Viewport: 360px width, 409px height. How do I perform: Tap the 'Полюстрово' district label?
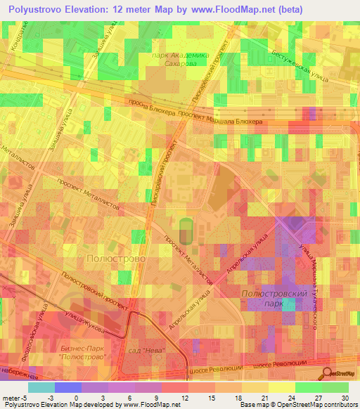(x=115, y=259)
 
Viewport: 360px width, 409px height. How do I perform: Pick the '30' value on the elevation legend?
(x=345, y=397)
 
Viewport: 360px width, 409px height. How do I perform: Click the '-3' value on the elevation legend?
(x=53, y=397)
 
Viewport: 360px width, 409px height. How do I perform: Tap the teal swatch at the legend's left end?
(x=41, y=387)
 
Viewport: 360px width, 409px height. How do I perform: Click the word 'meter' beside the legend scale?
(x=12, y=397)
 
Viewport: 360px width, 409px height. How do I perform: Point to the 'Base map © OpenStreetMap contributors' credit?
(x=296, y=405)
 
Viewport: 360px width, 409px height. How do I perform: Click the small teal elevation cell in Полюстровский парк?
(x=288, y=304)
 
